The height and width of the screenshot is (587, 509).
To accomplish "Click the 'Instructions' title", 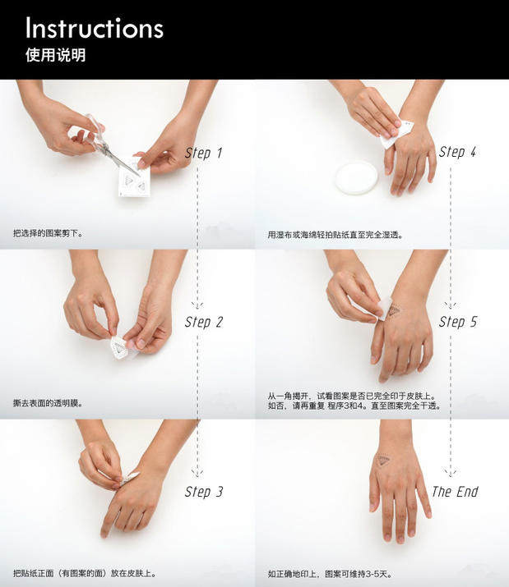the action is (95, 28).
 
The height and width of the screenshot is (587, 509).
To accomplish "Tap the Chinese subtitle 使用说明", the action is (56, 55).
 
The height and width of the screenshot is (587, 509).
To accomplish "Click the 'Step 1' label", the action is (204, 154).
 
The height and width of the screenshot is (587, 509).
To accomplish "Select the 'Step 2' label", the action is (204, 323).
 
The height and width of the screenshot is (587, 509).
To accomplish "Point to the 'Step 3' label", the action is (204, 492).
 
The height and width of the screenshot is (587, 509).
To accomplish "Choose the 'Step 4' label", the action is (458, 152).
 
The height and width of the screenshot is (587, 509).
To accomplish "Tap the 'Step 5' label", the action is (458, 322).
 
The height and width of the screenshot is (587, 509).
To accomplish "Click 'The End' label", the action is (455, 492).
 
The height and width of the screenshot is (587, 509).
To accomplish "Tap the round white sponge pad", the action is (356, 177).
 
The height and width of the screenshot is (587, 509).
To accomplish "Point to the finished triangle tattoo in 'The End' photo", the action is (382, 460).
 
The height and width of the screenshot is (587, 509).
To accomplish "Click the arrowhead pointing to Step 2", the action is (197, 305).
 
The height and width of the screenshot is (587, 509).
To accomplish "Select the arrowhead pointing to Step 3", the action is (197, 473).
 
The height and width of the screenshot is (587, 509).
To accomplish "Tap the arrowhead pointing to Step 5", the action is (451, 305).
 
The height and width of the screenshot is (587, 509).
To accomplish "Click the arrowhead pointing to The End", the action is (451, 473).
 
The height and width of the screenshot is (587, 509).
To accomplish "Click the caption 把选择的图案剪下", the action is (48, 233).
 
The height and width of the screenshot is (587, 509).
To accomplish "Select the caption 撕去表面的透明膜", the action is (48, 403).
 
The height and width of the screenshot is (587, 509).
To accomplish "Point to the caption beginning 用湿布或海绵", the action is (335, 235).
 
